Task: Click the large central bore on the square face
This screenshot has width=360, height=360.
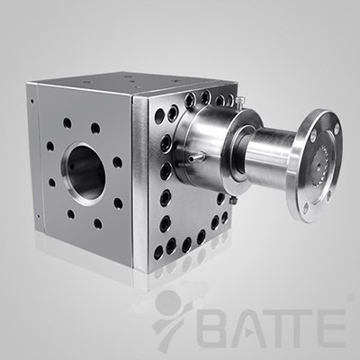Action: click(x=85, y=174)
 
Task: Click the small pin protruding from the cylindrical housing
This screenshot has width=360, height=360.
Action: click(x=196, y=156)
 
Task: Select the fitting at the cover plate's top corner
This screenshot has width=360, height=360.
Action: click(x=239, y=101)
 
